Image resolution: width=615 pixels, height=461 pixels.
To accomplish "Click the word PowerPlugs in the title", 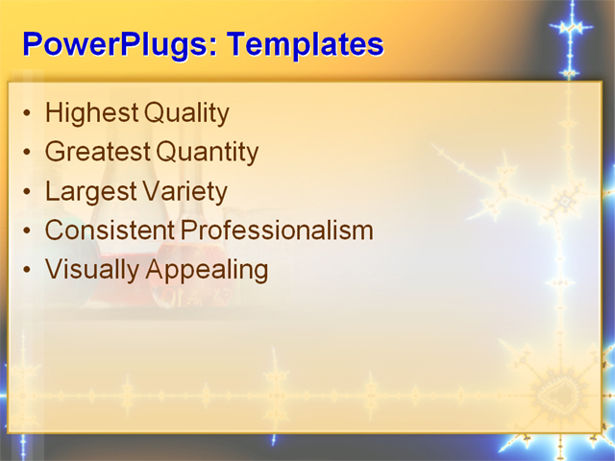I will click(x=113, y=44).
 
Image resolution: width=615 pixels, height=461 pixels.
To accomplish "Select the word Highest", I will click(x=91, y=113).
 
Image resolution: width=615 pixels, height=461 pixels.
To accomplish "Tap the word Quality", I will click(x=186, y=113).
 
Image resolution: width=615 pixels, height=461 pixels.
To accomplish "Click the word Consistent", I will click(x=109, y=230).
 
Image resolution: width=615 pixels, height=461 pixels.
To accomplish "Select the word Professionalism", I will click(x=276, y=230).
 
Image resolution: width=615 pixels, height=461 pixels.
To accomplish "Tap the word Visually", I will click(x=92, y=270).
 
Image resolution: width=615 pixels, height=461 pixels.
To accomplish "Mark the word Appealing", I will click(x=207, y=270).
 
